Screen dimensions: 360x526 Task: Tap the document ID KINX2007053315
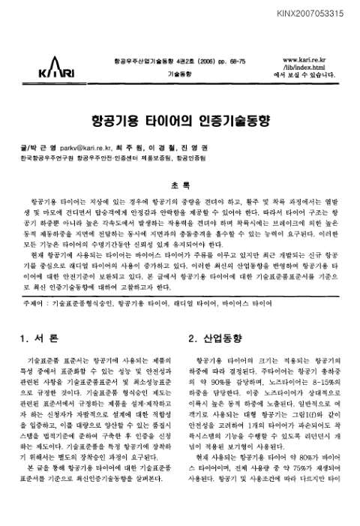318,13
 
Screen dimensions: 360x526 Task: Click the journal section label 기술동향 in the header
179,76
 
